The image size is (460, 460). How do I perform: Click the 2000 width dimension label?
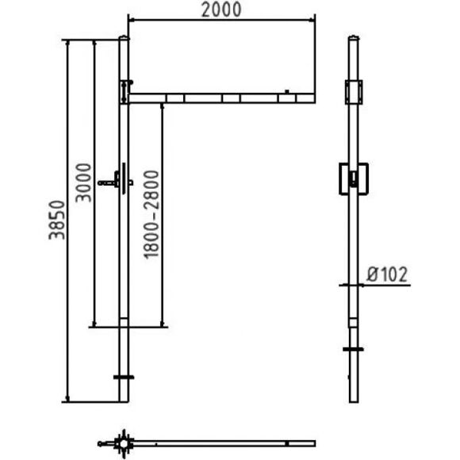221,10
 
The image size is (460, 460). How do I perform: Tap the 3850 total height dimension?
56,220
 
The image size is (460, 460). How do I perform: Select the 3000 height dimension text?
83,182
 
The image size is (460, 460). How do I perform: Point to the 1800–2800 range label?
151,214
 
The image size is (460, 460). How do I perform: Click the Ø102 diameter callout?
387,274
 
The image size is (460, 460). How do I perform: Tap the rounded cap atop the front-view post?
124,37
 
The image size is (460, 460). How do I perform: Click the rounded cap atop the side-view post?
354,37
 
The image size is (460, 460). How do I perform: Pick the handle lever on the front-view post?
115,182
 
